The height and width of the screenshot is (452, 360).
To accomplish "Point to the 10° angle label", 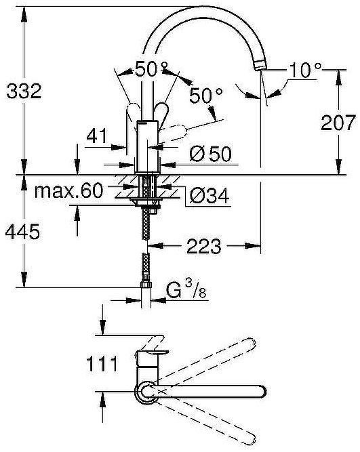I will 304,69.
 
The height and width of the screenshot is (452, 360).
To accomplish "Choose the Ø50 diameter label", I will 209,154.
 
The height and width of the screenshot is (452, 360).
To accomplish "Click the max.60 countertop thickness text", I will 68,190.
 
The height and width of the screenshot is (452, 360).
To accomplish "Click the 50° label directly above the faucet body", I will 151,68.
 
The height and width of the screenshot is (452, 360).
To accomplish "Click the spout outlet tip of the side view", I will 260,65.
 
